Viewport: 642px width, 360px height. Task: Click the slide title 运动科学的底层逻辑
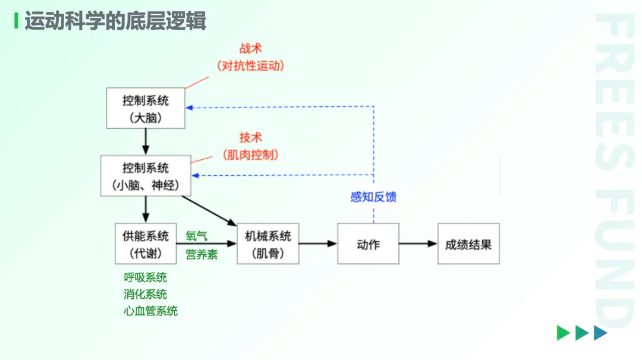[x=115, y=21]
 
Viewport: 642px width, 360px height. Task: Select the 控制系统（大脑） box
[x=146, y=108]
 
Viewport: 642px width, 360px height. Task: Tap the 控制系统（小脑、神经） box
[x=146, y=176]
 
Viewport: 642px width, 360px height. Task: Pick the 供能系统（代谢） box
[x=146, y=244]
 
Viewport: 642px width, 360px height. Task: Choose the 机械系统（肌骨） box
[x=267, y=244]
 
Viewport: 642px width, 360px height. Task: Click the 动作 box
[x=368, y=244]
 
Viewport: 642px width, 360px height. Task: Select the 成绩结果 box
[x=468, y=244]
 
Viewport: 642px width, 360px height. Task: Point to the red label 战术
[x=251, y=49]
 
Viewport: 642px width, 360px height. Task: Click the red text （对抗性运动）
[x=251, y=65]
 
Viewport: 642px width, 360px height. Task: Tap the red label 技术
[x=251, y=138]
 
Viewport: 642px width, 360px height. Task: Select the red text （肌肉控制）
[x=251, y=154]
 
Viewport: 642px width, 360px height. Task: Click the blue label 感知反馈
[x=373, y=197]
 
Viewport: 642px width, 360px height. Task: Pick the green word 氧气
[x=196, y=236]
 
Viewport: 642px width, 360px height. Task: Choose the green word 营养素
[x=202, y=254]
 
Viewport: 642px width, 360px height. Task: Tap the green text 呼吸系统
[x=146, y=277]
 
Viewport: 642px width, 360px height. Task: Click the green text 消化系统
[x=146, y=294]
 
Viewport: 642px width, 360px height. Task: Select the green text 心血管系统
[x=151, y=311]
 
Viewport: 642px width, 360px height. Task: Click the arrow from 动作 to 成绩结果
[x=418, y=244]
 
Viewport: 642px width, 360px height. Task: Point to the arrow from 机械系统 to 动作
[x=318, y=244]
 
